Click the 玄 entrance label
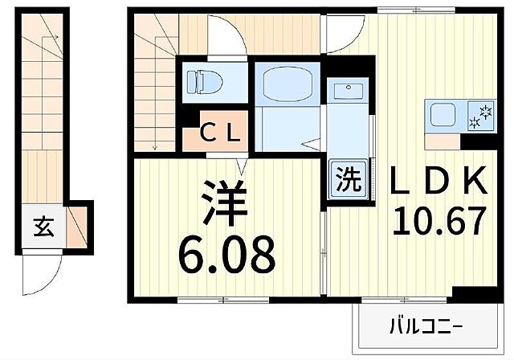click(42, 227)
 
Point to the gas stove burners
click(482, 117)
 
